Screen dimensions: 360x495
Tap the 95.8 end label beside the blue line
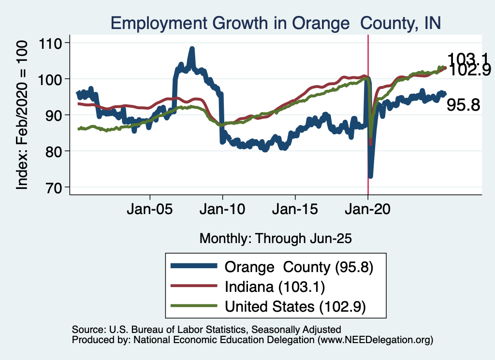[463, 105]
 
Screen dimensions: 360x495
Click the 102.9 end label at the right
[470, 71]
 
